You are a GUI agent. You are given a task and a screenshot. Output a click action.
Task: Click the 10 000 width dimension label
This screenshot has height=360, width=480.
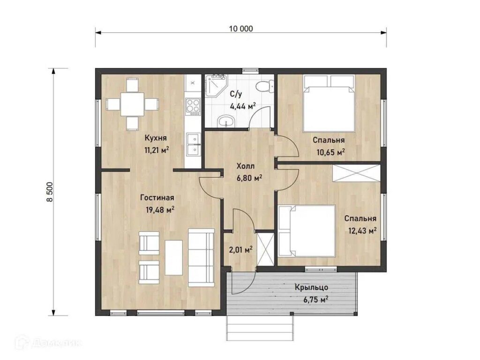point(241,29)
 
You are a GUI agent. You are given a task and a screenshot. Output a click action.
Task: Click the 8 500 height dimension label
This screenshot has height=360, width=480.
point(50,192)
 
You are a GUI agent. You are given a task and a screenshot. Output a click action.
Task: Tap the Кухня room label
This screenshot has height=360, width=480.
point(156,138)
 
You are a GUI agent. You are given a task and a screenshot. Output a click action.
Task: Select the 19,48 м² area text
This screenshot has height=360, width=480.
point(160,210)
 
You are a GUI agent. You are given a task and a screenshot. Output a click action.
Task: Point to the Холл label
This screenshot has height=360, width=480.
point(246,166)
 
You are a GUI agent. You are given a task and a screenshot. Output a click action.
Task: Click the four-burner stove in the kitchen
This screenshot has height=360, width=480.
point(193,107)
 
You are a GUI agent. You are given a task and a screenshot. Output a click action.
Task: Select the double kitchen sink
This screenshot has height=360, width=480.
point(193,144)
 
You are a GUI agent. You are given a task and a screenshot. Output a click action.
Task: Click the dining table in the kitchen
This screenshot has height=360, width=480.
point(132,104)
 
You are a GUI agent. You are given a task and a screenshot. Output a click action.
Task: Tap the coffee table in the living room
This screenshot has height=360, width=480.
point(173,257)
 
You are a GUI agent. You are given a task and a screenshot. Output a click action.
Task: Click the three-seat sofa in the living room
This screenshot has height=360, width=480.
point(201,257)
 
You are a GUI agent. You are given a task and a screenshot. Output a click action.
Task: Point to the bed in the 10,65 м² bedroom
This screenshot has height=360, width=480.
point(329,104)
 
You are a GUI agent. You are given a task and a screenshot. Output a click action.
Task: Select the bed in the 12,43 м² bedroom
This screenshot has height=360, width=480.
point(307,231)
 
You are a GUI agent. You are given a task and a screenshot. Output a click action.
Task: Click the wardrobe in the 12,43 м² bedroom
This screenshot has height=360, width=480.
point(356,173)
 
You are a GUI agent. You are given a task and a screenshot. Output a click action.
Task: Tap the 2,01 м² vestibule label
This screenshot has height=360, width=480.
point(240,250)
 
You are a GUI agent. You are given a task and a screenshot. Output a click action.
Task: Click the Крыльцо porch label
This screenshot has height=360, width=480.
point(311,287)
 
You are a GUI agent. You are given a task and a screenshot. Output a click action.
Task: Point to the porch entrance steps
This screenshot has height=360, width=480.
point(260,328)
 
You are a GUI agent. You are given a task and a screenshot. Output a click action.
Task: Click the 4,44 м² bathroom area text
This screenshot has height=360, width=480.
point(243,106)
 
